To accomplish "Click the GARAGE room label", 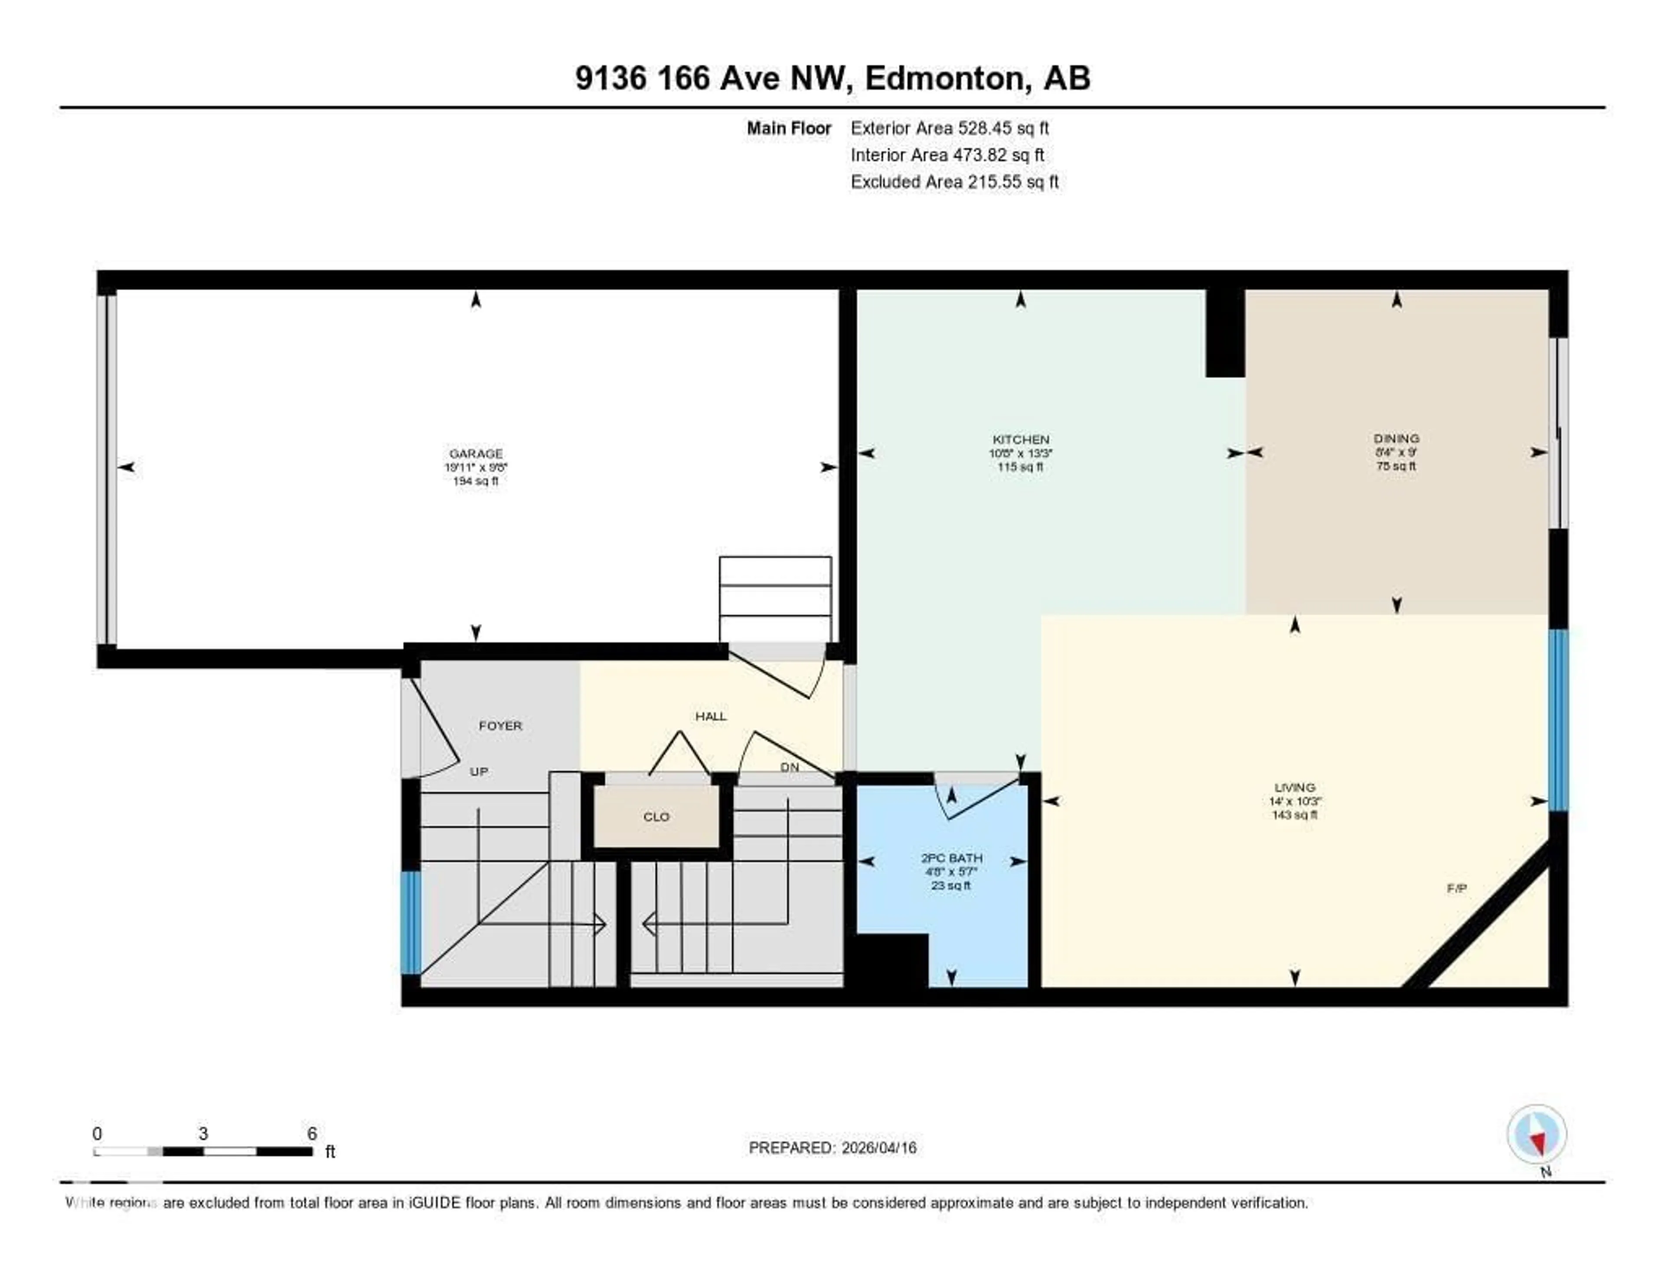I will point(476,454).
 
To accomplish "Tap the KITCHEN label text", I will point(1020,440).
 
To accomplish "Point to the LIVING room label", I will point(1294,787).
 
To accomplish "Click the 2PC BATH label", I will point(951,858).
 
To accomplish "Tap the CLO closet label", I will point(656,816).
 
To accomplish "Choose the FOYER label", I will point(500,726).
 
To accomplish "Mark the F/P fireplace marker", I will point(1456,888).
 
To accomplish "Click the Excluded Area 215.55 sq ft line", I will point(954,181).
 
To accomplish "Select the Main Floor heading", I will point(788,128).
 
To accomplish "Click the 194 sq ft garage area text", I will point(476,481).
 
